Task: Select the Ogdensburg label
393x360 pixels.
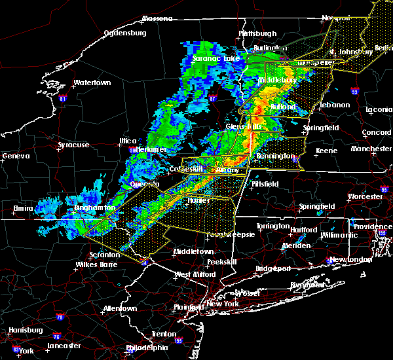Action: [x=126, y=32]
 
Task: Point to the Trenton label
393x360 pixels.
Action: [x=163, y=334]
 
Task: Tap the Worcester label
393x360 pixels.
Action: [x=364, y=196]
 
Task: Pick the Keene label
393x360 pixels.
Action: [x=326, y=151]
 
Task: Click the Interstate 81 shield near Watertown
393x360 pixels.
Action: [x=63, y=99]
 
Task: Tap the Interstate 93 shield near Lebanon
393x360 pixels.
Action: [x=354, y=92]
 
